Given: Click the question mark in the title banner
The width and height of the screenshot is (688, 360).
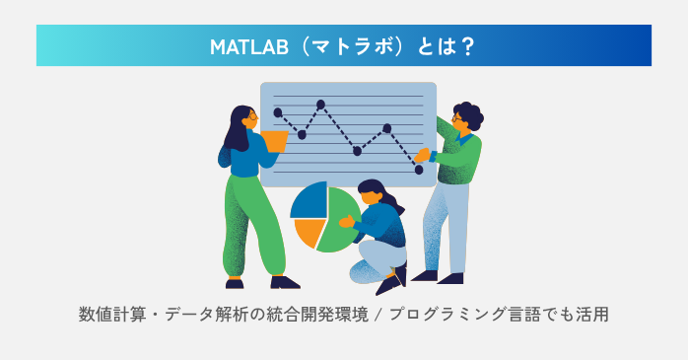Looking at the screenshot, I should pos(467,46).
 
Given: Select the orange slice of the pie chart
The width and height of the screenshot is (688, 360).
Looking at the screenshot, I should pos(308,231).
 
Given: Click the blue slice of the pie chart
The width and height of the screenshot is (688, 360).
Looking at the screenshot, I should pos(310,199).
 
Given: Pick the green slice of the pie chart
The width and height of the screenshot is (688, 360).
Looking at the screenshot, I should pos(341,221).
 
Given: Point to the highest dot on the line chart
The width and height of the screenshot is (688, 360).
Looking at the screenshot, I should pos(321,104).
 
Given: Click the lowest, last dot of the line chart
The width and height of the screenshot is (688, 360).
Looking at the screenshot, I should pos(419,170).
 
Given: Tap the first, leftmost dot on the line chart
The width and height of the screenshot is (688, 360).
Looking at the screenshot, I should pos(278,112).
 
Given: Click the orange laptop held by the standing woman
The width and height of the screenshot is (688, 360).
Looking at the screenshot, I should pos(273,141).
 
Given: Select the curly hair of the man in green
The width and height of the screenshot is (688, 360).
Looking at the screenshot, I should pos(468,114).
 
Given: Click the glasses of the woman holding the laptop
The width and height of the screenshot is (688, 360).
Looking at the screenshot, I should pos(251,116).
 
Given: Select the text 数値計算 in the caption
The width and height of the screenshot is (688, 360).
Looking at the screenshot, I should pos(111,316).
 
